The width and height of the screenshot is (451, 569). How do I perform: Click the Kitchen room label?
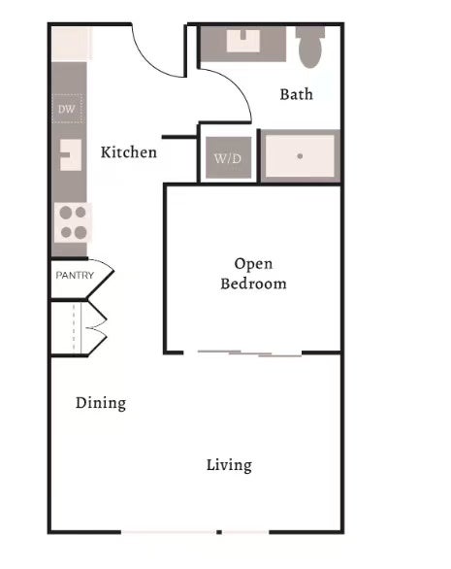tap(129, 152)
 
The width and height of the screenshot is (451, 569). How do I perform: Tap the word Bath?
tap(296, 94)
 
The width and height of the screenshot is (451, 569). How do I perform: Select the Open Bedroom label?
tap(253, 273)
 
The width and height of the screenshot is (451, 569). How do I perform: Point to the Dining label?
tap(101, 403)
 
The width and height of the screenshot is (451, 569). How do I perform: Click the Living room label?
tap(229, 465)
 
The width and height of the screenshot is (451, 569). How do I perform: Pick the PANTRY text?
tap(75, 275)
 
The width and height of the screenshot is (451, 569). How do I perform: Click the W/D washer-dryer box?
tap(228, 157)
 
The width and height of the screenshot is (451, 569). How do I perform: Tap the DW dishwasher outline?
tap(67, 109)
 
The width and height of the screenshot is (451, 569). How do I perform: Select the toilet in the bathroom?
tap(310, 47)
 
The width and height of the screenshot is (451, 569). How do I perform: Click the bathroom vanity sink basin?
tap(242, 41)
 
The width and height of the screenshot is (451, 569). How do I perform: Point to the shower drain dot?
tap(300, 156)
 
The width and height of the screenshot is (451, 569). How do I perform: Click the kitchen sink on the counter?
tap(71, 155)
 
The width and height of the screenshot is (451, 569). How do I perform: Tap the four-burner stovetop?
tap(73, 222)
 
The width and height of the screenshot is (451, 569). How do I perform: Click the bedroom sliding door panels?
tap(250, 353)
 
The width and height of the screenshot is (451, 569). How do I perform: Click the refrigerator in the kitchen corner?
tap(72, 43)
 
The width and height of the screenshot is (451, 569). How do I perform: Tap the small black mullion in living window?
tap(219, 532)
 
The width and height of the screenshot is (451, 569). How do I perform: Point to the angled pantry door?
tap(101, 278)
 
